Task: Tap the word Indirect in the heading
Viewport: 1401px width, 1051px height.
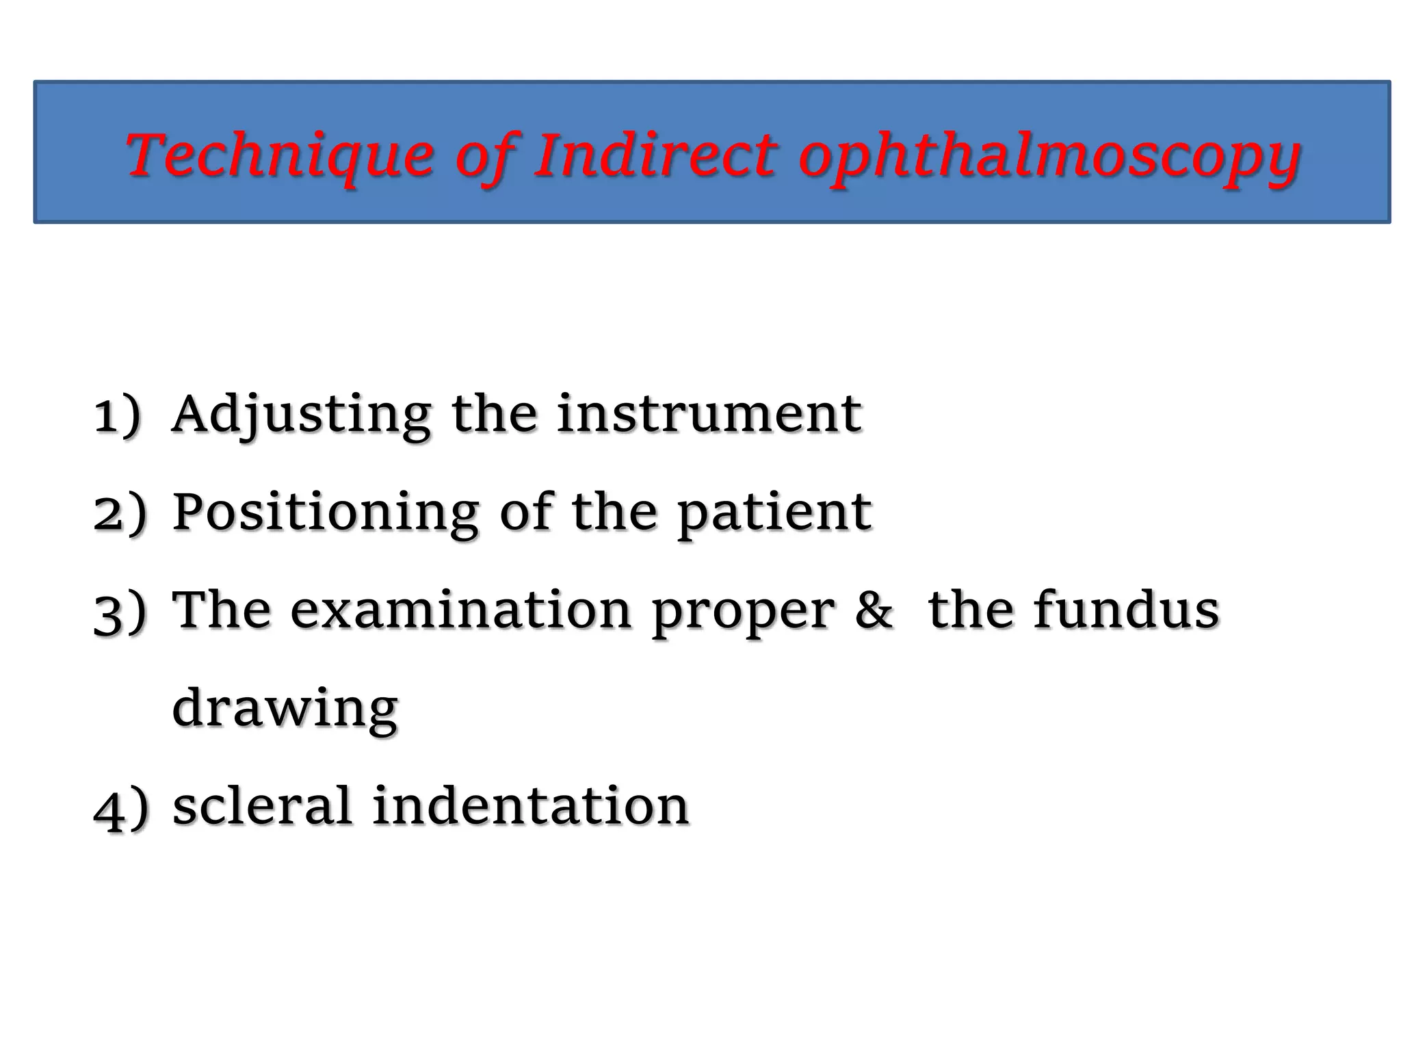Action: click(x=655, y=155)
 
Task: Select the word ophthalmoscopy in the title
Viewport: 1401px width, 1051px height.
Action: click(x=1049, y=157)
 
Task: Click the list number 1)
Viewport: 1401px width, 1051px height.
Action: click(x=118, y=415)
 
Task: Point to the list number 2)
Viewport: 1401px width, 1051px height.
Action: click(x=120, y=513)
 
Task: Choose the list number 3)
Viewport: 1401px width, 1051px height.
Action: click(x=120, y=611)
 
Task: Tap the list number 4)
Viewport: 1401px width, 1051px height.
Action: click(x=120, y=807)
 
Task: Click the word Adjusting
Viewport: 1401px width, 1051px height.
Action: click(x=302, y=415)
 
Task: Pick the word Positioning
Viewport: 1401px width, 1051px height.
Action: click(x=326, y=513)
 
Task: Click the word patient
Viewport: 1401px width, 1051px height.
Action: click(x=775, y=513)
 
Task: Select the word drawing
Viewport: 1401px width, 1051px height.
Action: click(x=285, y=709)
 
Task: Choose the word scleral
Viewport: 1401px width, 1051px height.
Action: click(x=262, y=805)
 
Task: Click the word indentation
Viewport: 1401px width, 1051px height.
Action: click(x=530, y=805)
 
